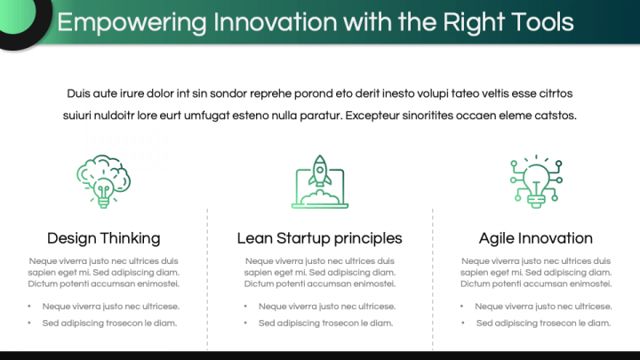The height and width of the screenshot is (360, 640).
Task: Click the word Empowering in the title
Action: [x=132, y=22]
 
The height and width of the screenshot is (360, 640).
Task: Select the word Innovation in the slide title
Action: [x=275, y=21]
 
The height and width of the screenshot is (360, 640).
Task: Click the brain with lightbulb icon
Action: [x=104, y=181]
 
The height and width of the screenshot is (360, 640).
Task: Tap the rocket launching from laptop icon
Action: [x=320, y=181]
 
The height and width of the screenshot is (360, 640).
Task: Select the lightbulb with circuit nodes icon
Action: [x=536, y=181]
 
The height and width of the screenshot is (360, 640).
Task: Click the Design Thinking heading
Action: [x=104, y=238]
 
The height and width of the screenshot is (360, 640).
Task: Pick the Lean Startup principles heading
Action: [x=320, y=238]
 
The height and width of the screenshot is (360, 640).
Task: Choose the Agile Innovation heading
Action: [x=535, y=238]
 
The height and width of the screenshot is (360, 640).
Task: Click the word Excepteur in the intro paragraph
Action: [x=372, y=116]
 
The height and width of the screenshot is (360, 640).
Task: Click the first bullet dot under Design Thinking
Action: [x=29, y=306]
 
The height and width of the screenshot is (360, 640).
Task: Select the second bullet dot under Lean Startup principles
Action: [x=245, y=323]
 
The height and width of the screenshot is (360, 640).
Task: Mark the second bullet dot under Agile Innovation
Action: [x=463, y=323]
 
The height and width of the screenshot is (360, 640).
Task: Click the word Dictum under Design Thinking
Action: [x=43, y=284]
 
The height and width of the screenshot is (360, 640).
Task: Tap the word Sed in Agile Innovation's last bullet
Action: [x=484, y=323]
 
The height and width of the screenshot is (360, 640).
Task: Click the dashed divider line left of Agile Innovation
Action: [x=433, y=279]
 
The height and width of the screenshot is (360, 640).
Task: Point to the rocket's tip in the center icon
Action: [x=320, y=156]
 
